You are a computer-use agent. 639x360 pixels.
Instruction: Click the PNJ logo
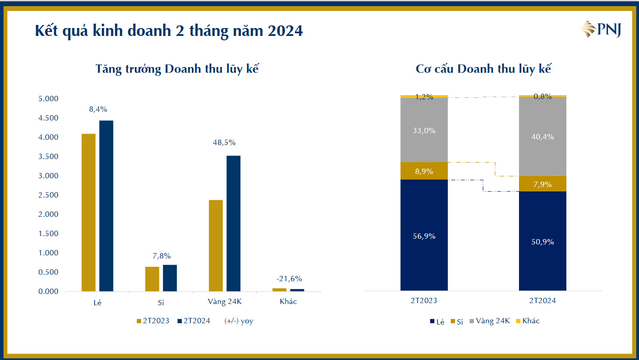601,29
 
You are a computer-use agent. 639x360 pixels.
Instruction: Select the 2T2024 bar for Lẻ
106,206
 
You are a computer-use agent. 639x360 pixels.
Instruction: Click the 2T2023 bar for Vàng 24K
215,245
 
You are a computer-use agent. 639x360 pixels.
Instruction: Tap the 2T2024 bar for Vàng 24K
233,223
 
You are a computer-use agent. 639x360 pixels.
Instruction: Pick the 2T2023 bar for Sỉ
152,279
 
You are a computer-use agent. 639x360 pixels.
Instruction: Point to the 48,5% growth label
224,142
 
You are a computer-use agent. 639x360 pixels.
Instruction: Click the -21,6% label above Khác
289,279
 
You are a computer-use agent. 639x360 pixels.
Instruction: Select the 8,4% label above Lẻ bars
98,109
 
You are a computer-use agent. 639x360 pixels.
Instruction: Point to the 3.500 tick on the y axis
48,156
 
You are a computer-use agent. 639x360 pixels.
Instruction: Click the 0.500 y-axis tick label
48,272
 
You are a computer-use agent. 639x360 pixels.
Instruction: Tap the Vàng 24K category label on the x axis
225,301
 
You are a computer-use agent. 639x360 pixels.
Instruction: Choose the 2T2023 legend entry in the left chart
153,321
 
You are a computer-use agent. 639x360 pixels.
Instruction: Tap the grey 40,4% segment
542,136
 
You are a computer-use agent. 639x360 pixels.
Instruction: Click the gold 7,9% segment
542,184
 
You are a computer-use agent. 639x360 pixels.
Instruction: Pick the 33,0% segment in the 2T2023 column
424,130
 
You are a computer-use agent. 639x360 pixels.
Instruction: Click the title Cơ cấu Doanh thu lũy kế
483,69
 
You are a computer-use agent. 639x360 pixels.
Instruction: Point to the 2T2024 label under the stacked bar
542,300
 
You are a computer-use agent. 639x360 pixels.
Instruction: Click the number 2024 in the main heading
285,31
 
